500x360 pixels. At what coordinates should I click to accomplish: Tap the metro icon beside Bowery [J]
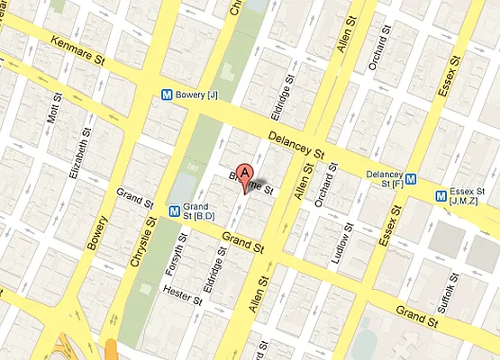click(x=166, y=93)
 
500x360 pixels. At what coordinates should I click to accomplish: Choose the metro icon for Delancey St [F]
click(x=410, y=178)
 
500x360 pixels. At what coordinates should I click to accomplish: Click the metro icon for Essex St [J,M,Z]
click(x=441, y=194)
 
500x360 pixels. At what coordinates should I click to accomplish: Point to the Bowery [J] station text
click(x=198, y=94)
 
